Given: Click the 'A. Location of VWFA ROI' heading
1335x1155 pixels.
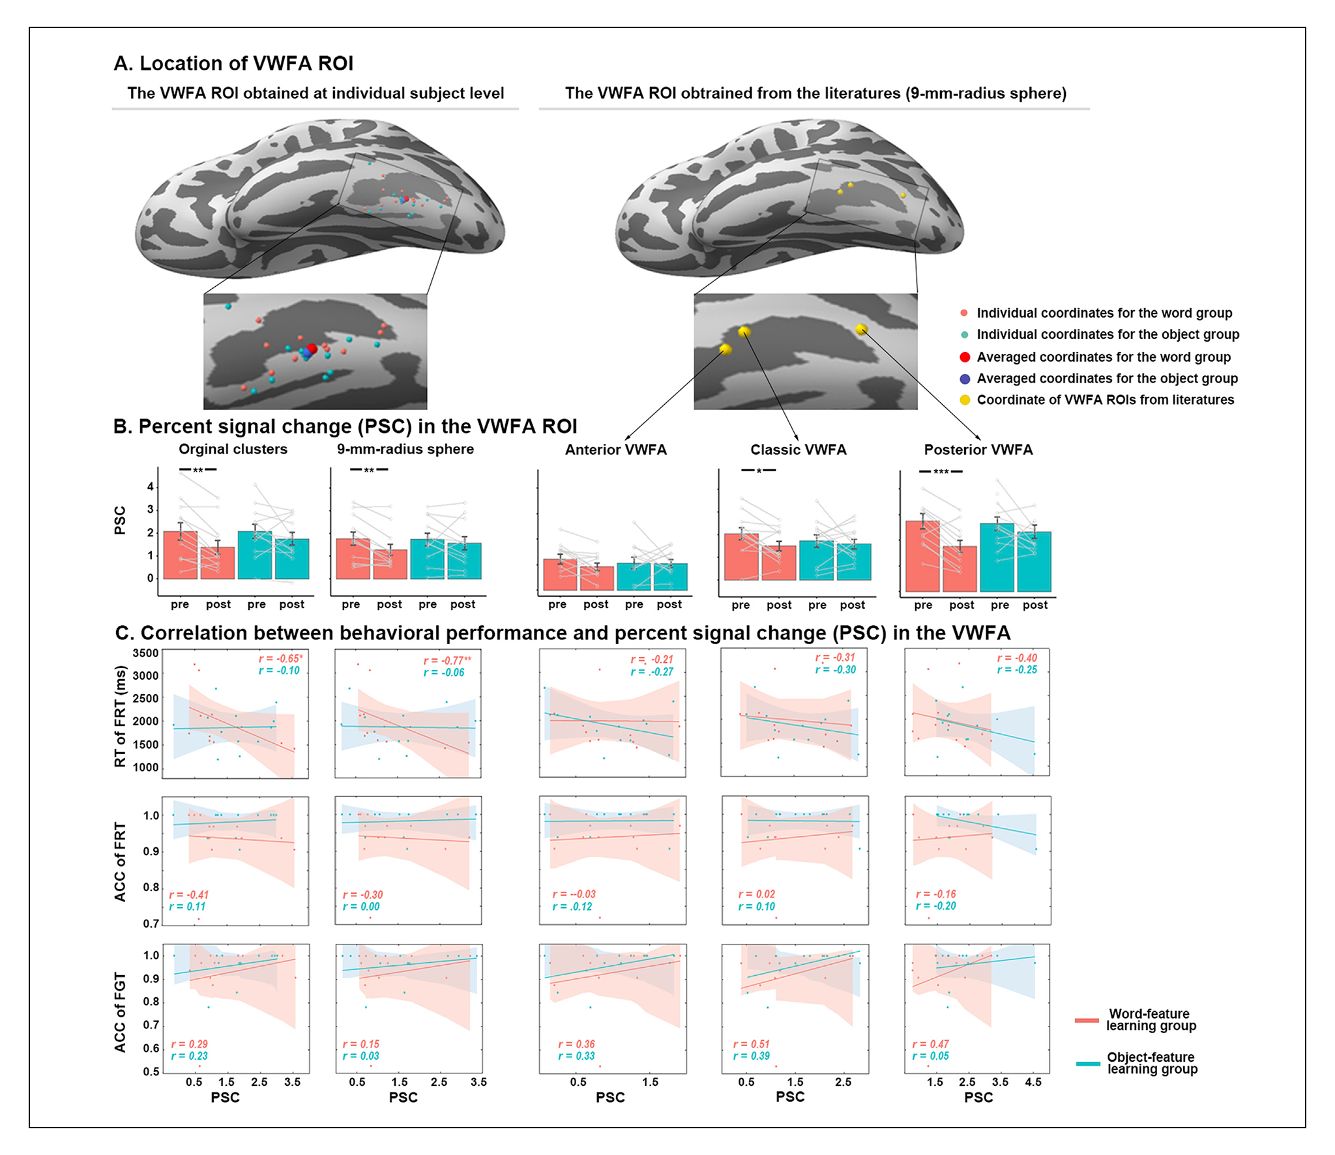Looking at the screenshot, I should [233, 63].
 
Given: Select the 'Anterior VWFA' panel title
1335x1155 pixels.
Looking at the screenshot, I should [615, 450].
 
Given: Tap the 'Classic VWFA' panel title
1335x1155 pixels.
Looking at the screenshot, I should [798, 450].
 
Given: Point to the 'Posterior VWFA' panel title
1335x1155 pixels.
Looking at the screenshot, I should [978, 450].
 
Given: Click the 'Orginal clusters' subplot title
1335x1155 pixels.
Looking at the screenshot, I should [233, 449].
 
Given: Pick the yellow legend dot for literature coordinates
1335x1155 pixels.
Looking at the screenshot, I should [965, 400].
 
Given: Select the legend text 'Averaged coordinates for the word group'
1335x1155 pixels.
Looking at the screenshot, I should [1103, 357].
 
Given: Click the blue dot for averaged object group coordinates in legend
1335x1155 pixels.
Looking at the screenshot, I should [965, 379].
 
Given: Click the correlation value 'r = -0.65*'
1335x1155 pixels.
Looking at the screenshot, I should [280, 659].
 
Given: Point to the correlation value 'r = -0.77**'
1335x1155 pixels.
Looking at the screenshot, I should [447, 661].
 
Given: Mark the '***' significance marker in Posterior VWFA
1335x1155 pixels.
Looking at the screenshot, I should [941, 472].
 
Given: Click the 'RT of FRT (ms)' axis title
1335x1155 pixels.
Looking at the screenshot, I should [120, 716].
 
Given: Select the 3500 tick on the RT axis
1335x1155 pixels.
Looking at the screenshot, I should [145, 653].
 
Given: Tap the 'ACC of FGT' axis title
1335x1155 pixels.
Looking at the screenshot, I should [120, 1012].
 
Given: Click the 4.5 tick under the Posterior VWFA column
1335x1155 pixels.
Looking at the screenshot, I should [1033, 1082].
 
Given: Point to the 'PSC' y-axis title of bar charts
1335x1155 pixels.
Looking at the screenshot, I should [120, 520].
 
